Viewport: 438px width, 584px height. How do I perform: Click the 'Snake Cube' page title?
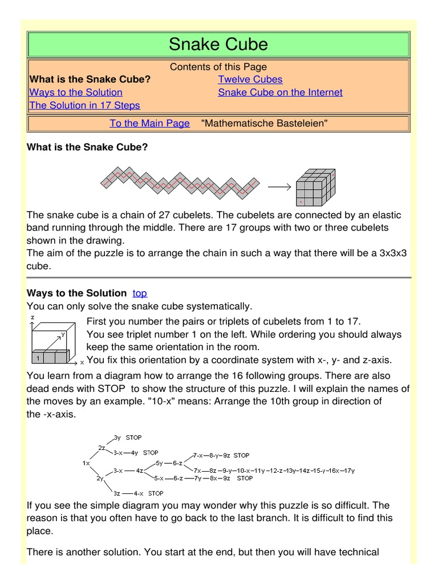218,44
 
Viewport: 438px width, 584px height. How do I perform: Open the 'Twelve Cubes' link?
250,79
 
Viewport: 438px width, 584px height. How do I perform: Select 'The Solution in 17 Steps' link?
84,106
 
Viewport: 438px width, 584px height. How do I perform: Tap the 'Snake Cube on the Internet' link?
280,92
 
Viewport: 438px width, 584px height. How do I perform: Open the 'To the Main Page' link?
149,123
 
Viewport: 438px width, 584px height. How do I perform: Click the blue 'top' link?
140,293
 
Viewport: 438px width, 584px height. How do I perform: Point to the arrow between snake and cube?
279,186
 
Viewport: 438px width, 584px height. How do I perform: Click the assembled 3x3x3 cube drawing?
314,187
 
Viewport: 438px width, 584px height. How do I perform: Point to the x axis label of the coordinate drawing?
82,362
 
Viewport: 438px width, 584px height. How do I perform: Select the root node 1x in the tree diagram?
86,463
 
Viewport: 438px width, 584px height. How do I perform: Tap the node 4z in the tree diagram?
140,471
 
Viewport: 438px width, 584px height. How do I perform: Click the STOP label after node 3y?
133,437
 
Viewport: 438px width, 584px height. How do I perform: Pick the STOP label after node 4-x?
156,493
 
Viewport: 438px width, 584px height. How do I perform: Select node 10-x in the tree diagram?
245,471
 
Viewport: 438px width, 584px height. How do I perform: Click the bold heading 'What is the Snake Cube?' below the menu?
87,147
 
